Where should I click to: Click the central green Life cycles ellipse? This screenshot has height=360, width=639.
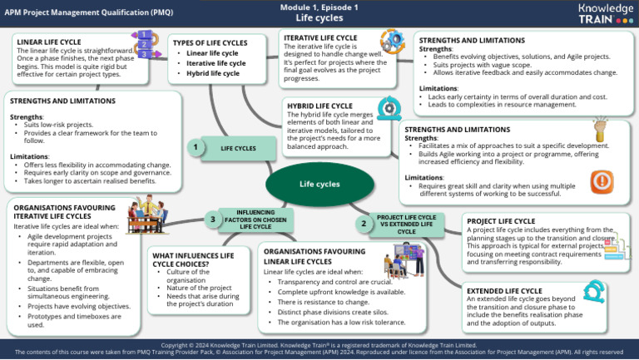point(319,184)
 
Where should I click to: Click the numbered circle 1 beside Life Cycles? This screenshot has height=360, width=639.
point(194,147)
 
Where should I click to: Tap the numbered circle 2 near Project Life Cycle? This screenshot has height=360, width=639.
point(364,223)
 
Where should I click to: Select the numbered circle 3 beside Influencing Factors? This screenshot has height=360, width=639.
point(213,219)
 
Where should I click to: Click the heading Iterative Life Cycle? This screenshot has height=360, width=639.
point(320,37)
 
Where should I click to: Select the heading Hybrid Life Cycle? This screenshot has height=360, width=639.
point(319,106)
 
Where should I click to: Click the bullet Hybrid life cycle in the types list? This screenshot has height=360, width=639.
point(215,73)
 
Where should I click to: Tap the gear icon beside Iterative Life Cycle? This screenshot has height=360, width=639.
point(392,41)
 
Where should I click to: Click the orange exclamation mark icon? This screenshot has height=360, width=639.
point(602,181)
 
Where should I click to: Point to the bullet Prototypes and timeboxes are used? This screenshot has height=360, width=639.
point(71,320)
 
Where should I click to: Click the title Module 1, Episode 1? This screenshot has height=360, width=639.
point(319,7)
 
